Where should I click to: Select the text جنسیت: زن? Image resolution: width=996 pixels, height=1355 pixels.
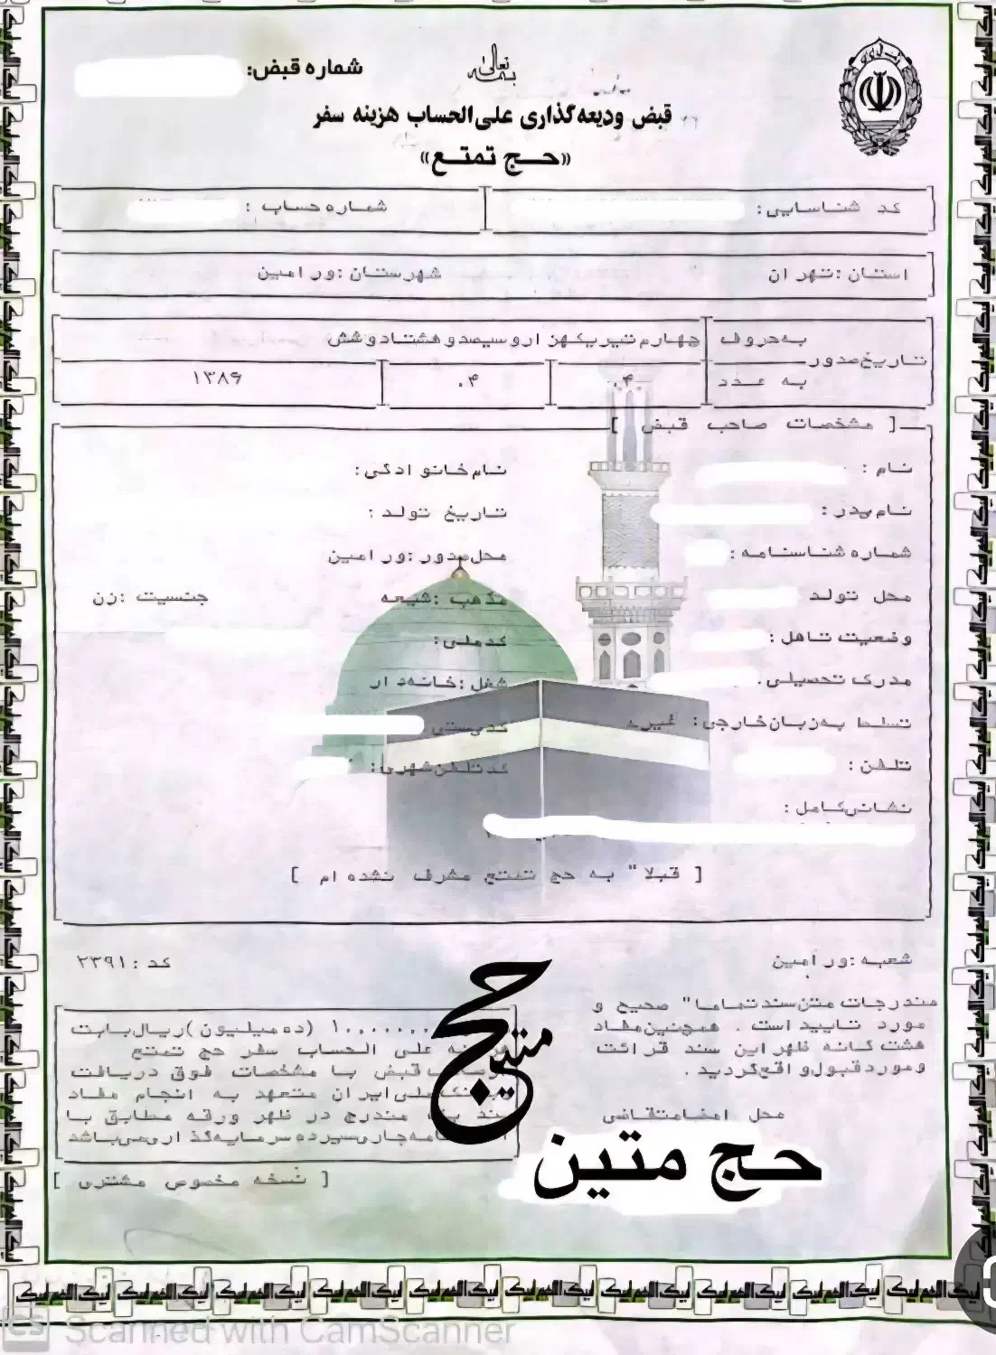click(150, 597)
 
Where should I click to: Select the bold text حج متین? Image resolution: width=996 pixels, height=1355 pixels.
click(677, 1166)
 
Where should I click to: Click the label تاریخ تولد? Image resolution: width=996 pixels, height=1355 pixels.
click(437, 512)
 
